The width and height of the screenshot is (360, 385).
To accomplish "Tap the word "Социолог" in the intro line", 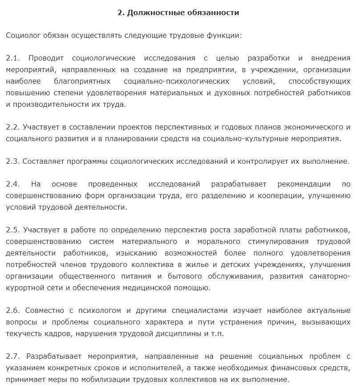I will coord(23,35).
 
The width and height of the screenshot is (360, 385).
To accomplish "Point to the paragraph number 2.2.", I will coord(12,127).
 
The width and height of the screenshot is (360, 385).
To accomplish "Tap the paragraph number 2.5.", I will coord(12,230).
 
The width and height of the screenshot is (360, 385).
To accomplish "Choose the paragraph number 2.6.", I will coord(12,311).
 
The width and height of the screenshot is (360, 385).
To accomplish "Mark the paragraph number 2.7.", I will coord(12,357).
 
